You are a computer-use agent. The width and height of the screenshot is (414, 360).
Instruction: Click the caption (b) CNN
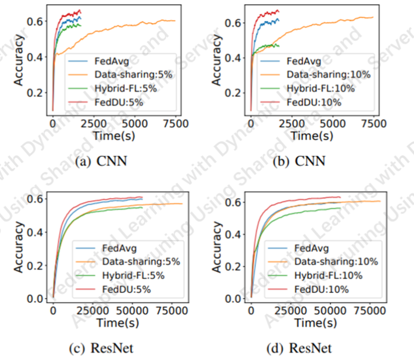pos(299,162)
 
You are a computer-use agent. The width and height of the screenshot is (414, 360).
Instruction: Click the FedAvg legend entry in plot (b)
pos(304,60)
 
